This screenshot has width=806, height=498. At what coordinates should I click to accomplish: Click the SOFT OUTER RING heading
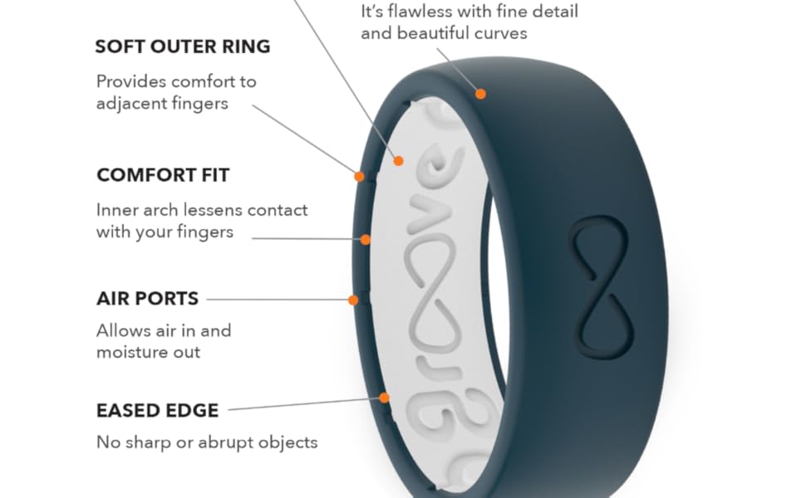(183, 46)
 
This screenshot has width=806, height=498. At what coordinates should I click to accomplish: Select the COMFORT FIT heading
(163, 175)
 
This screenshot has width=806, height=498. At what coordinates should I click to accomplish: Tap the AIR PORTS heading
(147, 298)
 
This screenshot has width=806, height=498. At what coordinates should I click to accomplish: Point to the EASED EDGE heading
(158, 410)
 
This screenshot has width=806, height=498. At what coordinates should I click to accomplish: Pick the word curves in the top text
(501, 34)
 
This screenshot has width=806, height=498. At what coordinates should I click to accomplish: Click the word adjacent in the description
(137, 104)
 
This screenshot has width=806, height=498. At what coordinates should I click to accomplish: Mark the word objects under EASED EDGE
(285, 442)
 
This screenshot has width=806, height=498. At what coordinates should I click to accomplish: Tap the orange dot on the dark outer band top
(480, 94)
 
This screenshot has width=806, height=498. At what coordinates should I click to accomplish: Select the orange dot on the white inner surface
(399, 160)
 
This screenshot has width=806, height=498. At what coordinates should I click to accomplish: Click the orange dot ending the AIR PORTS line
(353, 300)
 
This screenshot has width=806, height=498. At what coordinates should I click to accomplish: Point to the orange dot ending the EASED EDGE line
(384, 398)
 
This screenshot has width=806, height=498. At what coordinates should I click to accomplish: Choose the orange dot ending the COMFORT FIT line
(365, 240)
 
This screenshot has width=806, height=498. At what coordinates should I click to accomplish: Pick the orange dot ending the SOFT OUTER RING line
(359, 176)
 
